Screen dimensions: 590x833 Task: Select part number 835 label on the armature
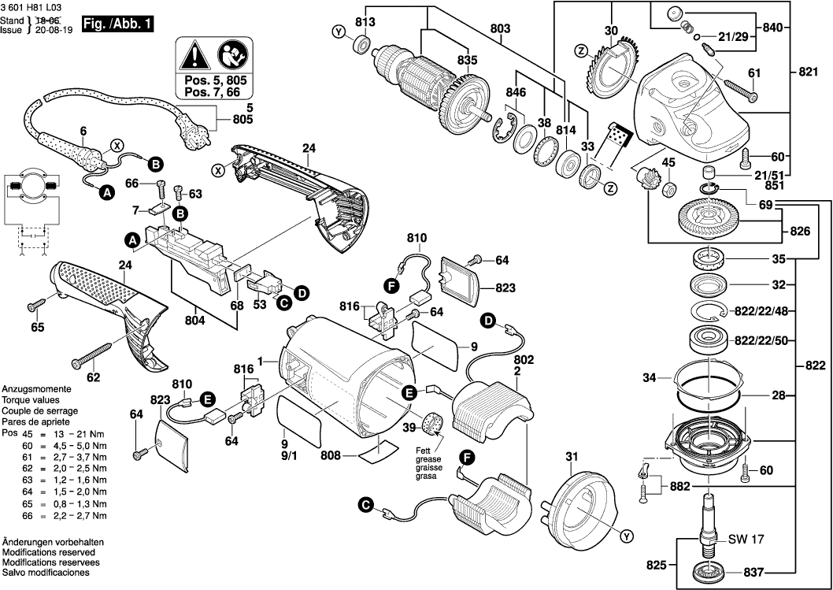[468, 59]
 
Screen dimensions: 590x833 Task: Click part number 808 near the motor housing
[331, 455]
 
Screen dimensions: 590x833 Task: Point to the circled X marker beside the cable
[117, 145]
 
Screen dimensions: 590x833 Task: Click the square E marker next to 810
[209, 400]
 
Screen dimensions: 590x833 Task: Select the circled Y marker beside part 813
[339, 32]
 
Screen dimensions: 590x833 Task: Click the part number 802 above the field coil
[523, 359]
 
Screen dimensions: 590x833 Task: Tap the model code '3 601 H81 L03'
[32, 6]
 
